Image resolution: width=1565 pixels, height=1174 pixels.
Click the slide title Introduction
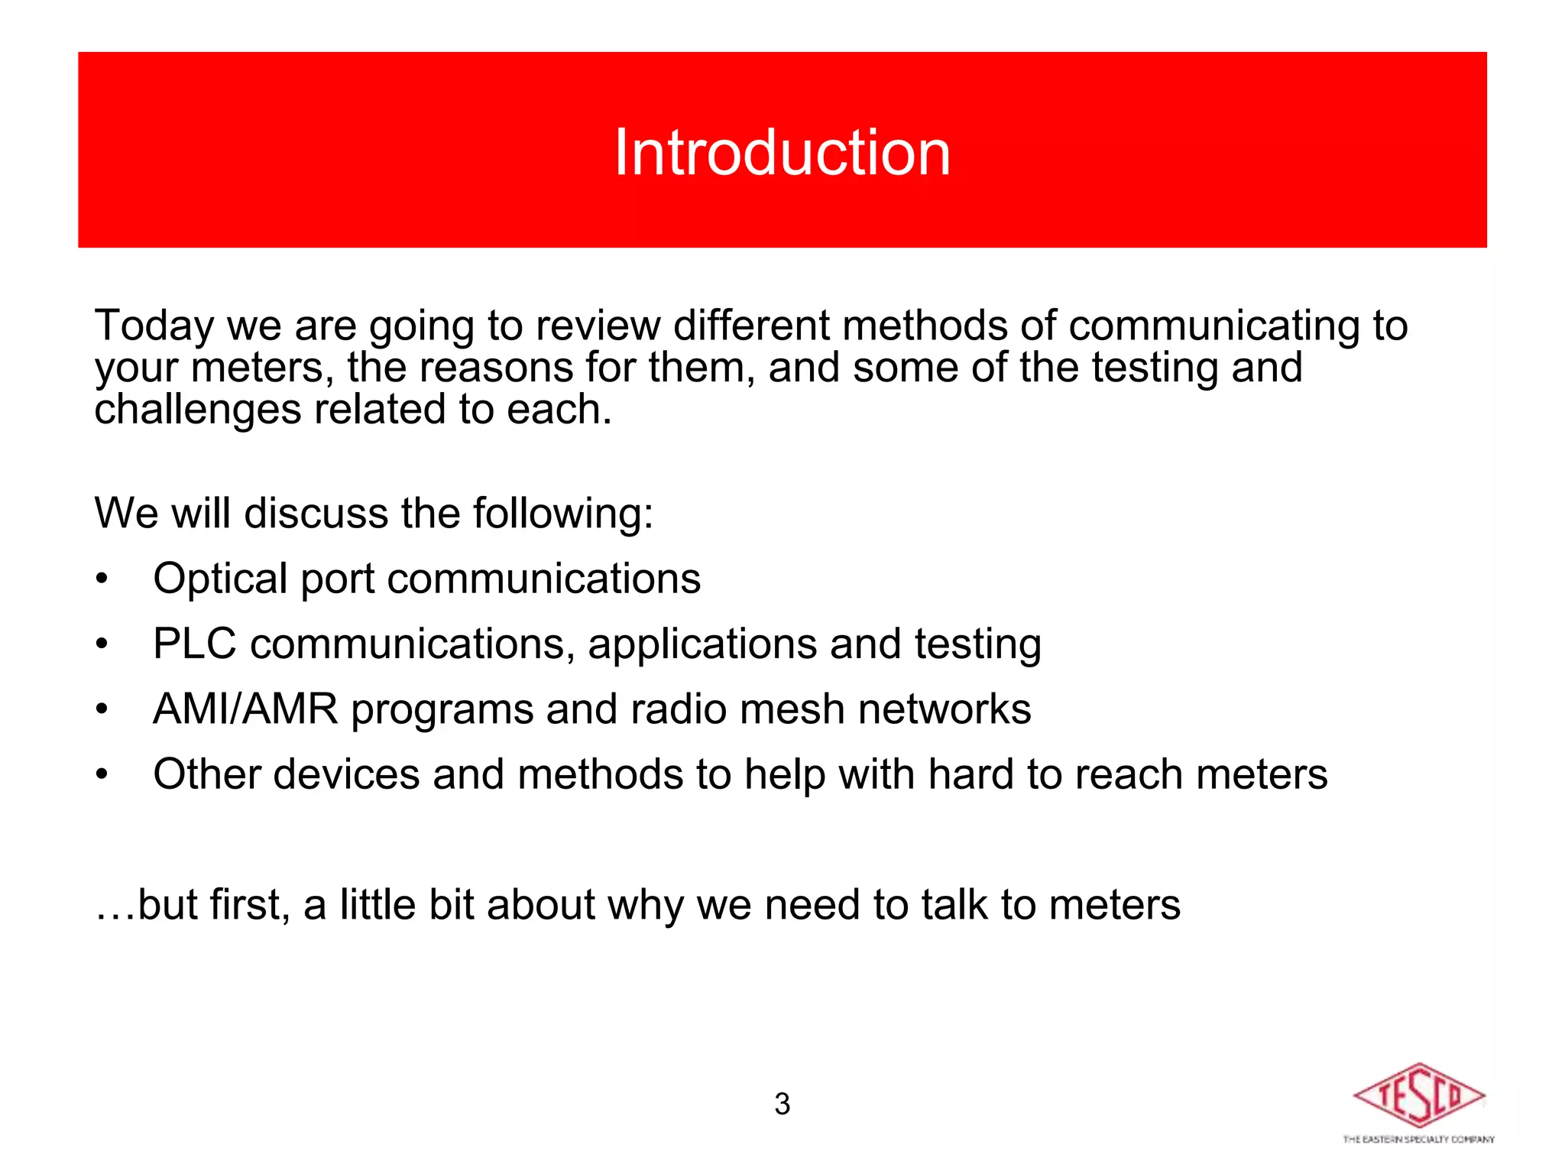pos(782,153)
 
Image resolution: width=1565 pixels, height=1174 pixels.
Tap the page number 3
pos(782,1104)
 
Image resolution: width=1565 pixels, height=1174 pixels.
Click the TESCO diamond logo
pos(1418,1095)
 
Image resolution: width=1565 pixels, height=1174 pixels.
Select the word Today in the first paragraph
pos(154,326)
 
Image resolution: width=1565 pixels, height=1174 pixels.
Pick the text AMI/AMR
pos(245,709)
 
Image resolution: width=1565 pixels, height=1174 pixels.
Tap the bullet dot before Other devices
pos(102,776)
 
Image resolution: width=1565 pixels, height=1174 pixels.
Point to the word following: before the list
pos(563,513)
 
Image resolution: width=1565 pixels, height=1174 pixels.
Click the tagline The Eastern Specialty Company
pos(1418,1140)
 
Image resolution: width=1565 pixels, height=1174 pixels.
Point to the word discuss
pos(316,513)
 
